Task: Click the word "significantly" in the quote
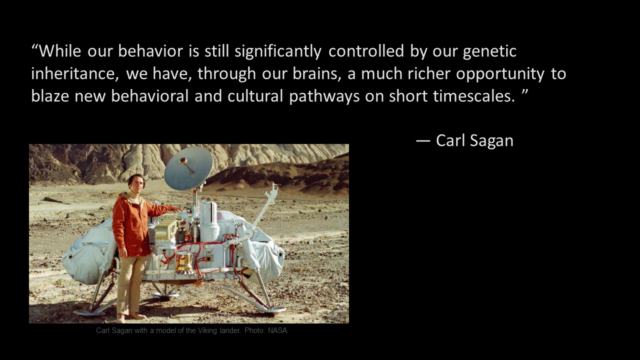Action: tap(278, 51)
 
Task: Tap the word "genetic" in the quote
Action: tap(489, 52)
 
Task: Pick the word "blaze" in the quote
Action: tap(50, 95)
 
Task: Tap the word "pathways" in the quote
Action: tap(324, 96)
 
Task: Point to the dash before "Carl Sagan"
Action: tap(423, 141)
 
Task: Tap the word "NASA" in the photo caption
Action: tap(277, 330)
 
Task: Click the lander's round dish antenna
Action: tap(188, 168)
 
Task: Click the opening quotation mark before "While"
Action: tap(35, 46)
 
